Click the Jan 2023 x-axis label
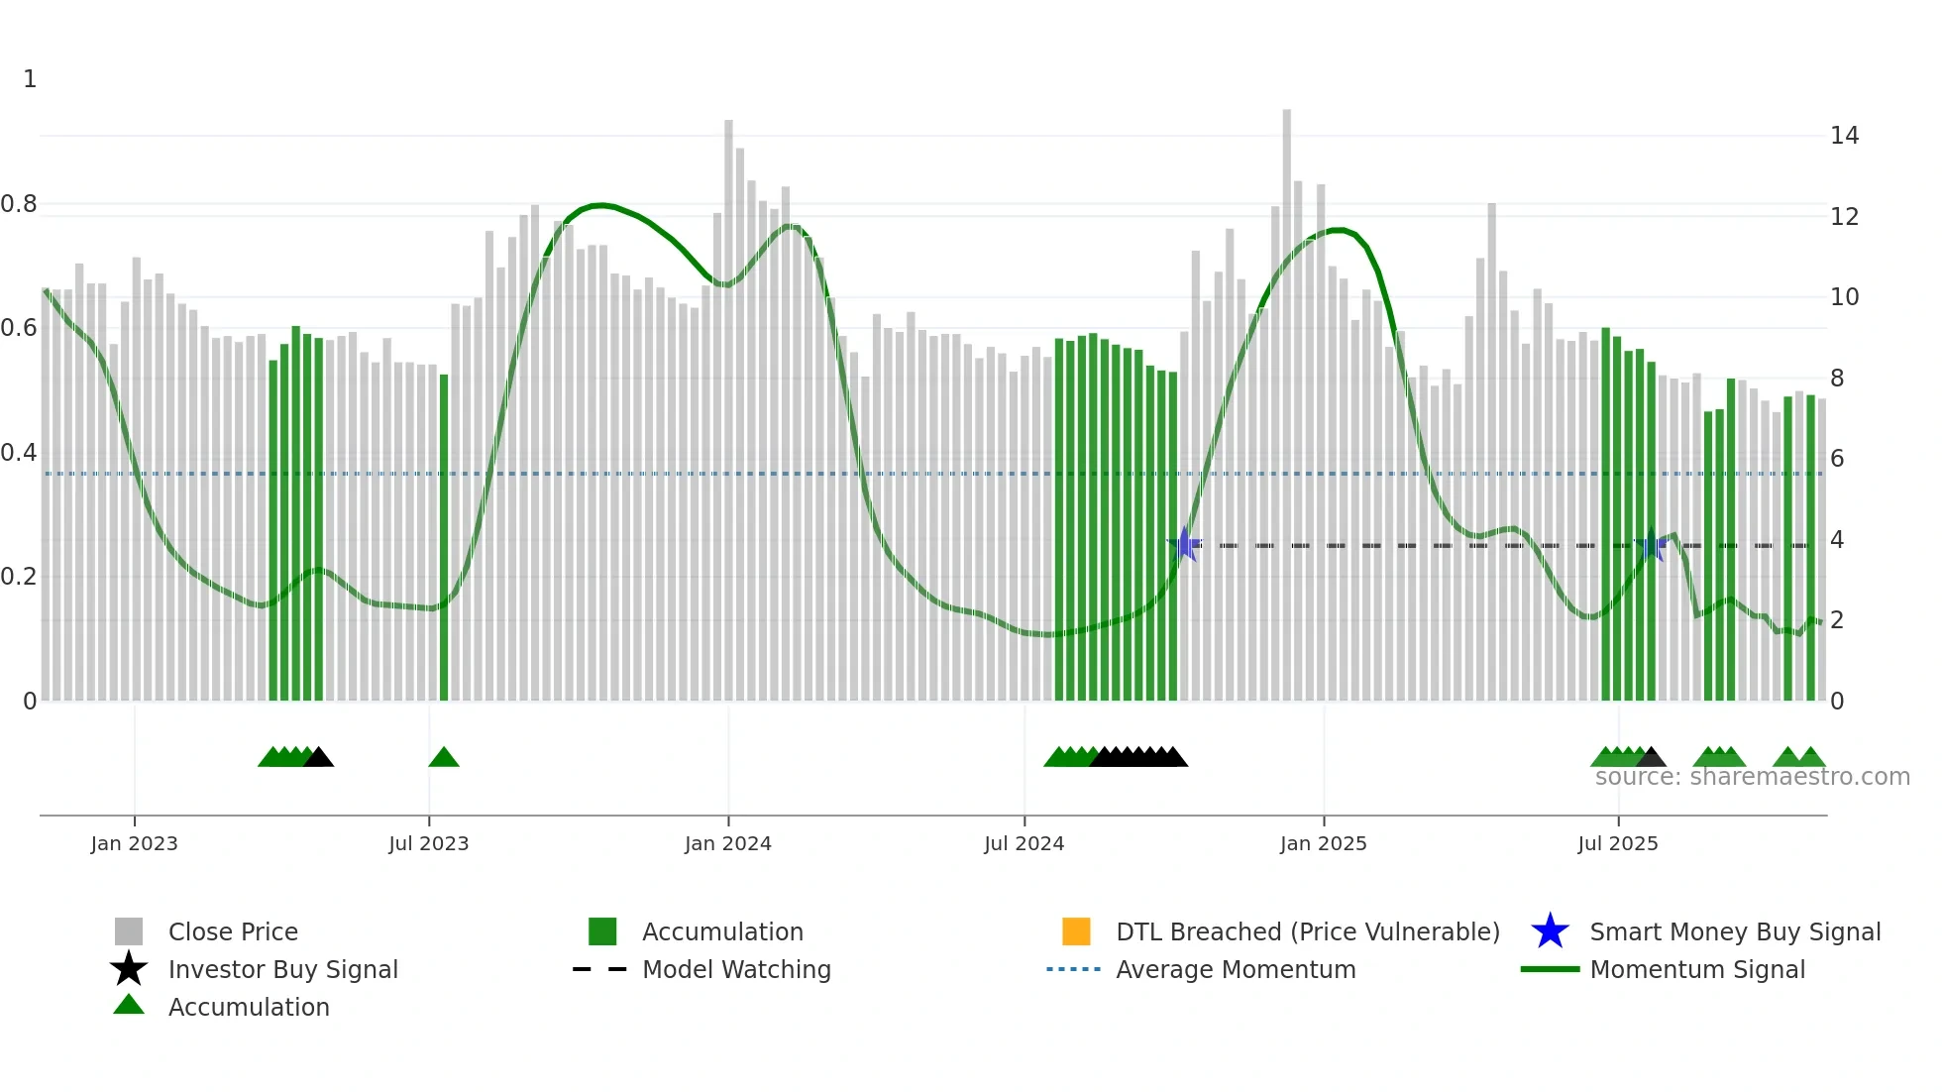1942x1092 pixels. pos(134,843)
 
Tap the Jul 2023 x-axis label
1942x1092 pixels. pos(428,843)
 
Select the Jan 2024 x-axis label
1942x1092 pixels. pos(727,843)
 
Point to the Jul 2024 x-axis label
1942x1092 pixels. pos(1024,843)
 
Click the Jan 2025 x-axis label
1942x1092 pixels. pos(1323,843)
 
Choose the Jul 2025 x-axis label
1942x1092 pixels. pos(1617,843)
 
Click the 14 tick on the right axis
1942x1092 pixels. pos(1844,136)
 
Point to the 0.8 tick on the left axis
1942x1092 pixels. pos(19,204)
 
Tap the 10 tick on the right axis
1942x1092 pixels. pos(1844,297)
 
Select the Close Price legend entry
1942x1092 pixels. pos(233,931)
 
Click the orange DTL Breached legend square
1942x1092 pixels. pos(1076,931)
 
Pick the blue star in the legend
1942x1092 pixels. pos(1550,931)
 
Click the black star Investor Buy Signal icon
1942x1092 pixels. pos(129,969)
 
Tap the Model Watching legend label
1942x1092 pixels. pos(736,969)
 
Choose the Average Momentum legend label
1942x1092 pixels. pos(1236,969)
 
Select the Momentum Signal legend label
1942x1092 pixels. pos(1697,969)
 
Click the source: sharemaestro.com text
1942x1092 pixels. pos(1752,777)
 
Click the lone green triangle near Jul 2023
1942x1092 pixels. pos(444,758)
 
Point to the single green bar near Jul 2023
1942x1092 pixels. pos(444,535)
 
